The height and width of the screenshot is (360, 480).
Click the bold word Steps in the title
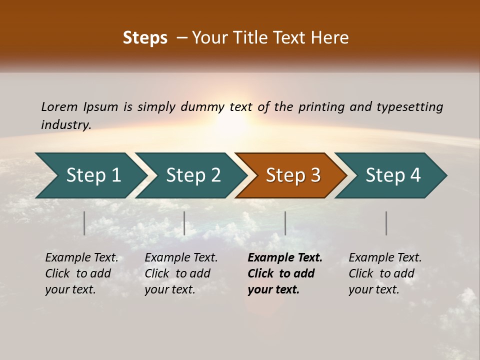coord(145,38)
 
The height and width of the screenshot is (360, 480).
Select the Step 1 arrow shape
coord(90,175)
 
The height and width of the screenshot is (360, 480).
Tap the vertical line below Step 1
coord(84,223)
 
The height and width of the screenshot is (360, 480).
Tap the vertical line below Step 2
coord(184,223)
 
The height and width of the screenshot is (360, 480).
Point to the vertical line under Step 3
coord(285,223)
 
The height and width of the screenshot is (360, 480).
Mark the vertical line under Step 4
coord(386,223)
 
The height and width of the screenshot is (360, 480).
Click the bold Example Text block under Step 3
coord(284,273)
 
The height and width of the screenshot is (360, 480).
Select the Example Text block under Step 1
coord(81,273)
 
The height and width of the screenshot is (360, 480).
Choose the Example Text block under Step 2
coord(181,273)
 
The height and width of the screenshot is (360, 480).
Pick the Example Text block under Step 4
coord(385,273)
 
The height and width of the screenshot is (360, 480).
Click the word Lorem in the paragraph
coord(59,107)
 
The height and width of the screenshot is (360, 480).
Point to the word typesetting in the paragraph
coord(409,107)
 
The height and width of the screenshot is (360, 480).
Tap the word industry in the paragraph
coord(66,125)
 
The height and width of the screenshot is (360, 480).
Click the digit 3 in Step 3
coord(314,175)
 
